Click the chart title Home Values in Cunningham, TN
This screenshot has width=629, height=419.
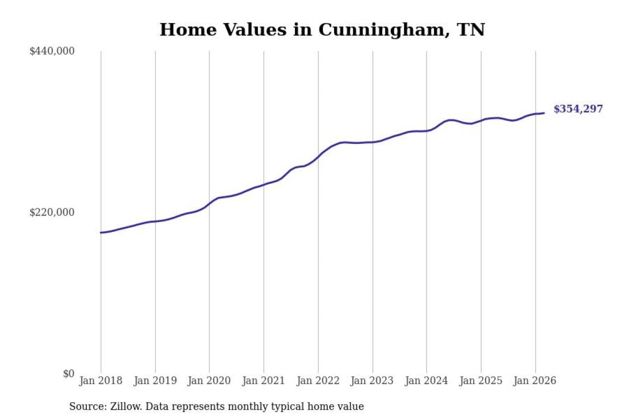coord(322,29)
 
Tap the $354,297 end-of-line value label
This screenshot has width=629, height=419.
coord(578,109)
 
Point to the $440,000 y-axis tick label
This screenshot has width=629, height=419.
coord(52,51)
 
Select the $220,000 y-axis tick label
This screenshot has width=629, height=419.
coord(52,212)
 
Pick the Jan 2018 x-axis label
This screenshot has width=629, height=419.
coord(101,381)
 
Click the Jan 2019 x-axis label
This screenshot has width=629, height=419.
coord(155,381)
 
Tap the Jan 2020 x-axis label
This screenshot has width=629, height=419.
coord(209,381)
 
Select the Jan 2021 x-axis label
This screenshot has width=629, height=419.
coord(264,381)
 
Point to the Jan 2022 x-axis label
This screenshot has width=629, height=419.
coord(318,381)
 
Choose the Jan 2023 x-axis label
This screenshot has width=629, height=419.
coord(372,381)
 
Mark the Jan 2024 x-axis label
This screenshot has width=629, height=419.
coord(427,381)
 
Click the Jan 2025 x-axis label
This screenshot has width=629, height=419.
coord(481,381)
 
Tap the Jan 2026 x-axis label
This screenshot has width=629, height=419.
coord(535,381)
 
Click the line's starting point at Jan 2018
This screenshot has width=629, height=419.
coord(101,232)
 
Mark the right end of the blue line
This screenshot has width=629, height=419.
coord(544,113)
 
